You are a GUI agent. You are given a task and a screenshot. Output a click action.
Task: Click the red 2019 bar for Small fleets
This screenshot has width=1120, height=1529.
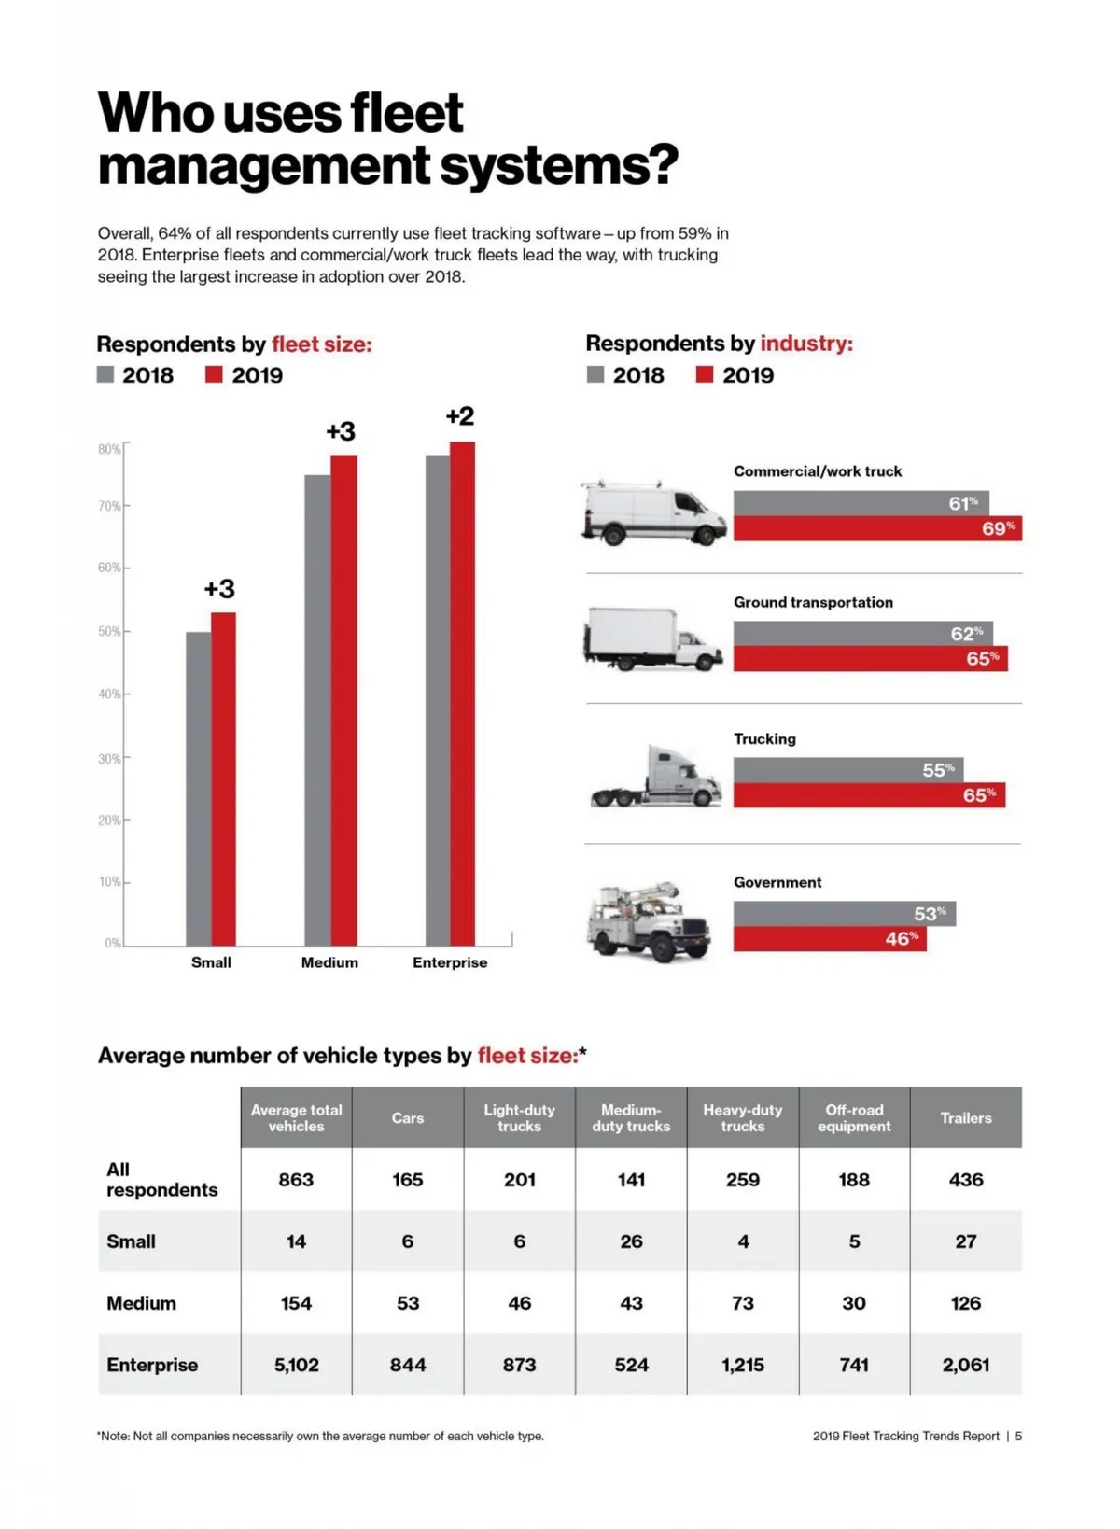point(223,779)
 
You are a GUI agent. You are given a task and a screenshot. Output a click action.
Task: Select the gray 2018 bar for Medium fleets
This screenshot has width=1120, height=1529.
point(317,709)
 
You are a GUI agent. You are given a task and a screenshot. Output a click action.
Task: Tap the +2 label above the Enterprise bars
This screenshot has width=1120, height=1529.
point(460,416)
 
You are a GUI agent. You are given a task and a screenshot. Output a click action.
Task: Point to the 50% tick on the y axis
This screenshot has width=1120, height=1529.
point(110,632)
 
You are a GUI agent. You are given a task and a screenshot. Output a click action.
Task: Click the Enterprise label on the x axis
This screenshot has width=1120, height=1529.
point(450,962)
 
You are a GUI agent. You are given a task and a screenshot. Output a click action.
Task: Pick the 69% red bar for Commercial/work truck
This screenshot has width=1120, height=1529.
point(876,528)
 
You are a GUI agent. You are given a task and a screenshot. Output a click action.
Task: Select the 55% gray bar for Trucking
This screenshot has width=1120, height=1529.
point(847,770)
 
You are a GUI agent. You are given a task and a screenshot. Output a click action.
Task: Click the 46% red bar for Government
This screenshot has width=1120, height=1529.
point(829,938)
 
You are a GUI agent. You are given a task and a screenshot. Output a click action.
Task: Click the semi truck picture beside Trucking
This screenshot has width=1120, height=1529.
point(656,777)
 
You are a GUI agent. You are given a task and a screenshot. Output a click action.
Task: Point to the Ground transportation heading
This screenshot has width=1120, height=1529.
point(813,602)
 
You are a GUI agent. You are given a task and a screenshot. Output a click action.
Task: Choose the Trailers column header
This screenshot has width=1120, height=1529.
point(965,1117)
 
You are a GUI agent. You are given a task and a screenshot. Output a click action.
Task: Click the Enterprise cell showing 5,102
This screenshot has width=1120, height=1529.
point(296,1365)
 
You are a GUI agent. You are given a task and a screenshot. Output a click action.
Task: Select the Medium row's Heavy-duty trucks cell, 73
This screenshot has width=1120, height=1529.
point(743,1303)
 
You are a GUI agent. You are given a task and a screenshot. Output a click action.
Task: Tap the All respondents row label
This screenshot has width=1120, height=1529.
point(161,1179)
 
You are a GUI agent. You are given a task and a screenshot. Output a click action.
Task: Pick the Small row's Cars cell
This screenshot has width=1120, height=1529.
point(408,1241)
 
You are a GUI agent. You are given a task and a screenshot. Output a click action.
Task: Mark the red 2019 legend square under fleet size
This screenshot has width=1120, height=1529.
point(214,374)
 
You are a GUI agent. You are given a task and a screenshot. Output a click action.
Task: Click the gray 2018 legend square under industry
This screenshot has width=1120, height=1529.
point(595,374)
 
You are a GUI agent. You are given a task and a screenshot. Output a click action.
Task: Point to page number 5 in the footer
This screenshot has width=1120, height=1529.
point(1018,1436)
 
